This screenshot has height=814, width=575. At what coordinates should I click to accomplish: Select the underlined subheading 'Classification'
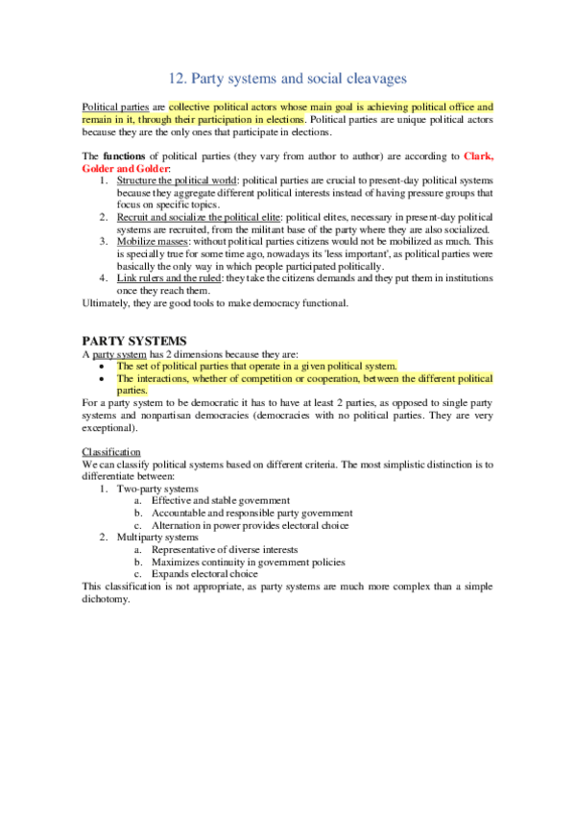click(x=111, y=452)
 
